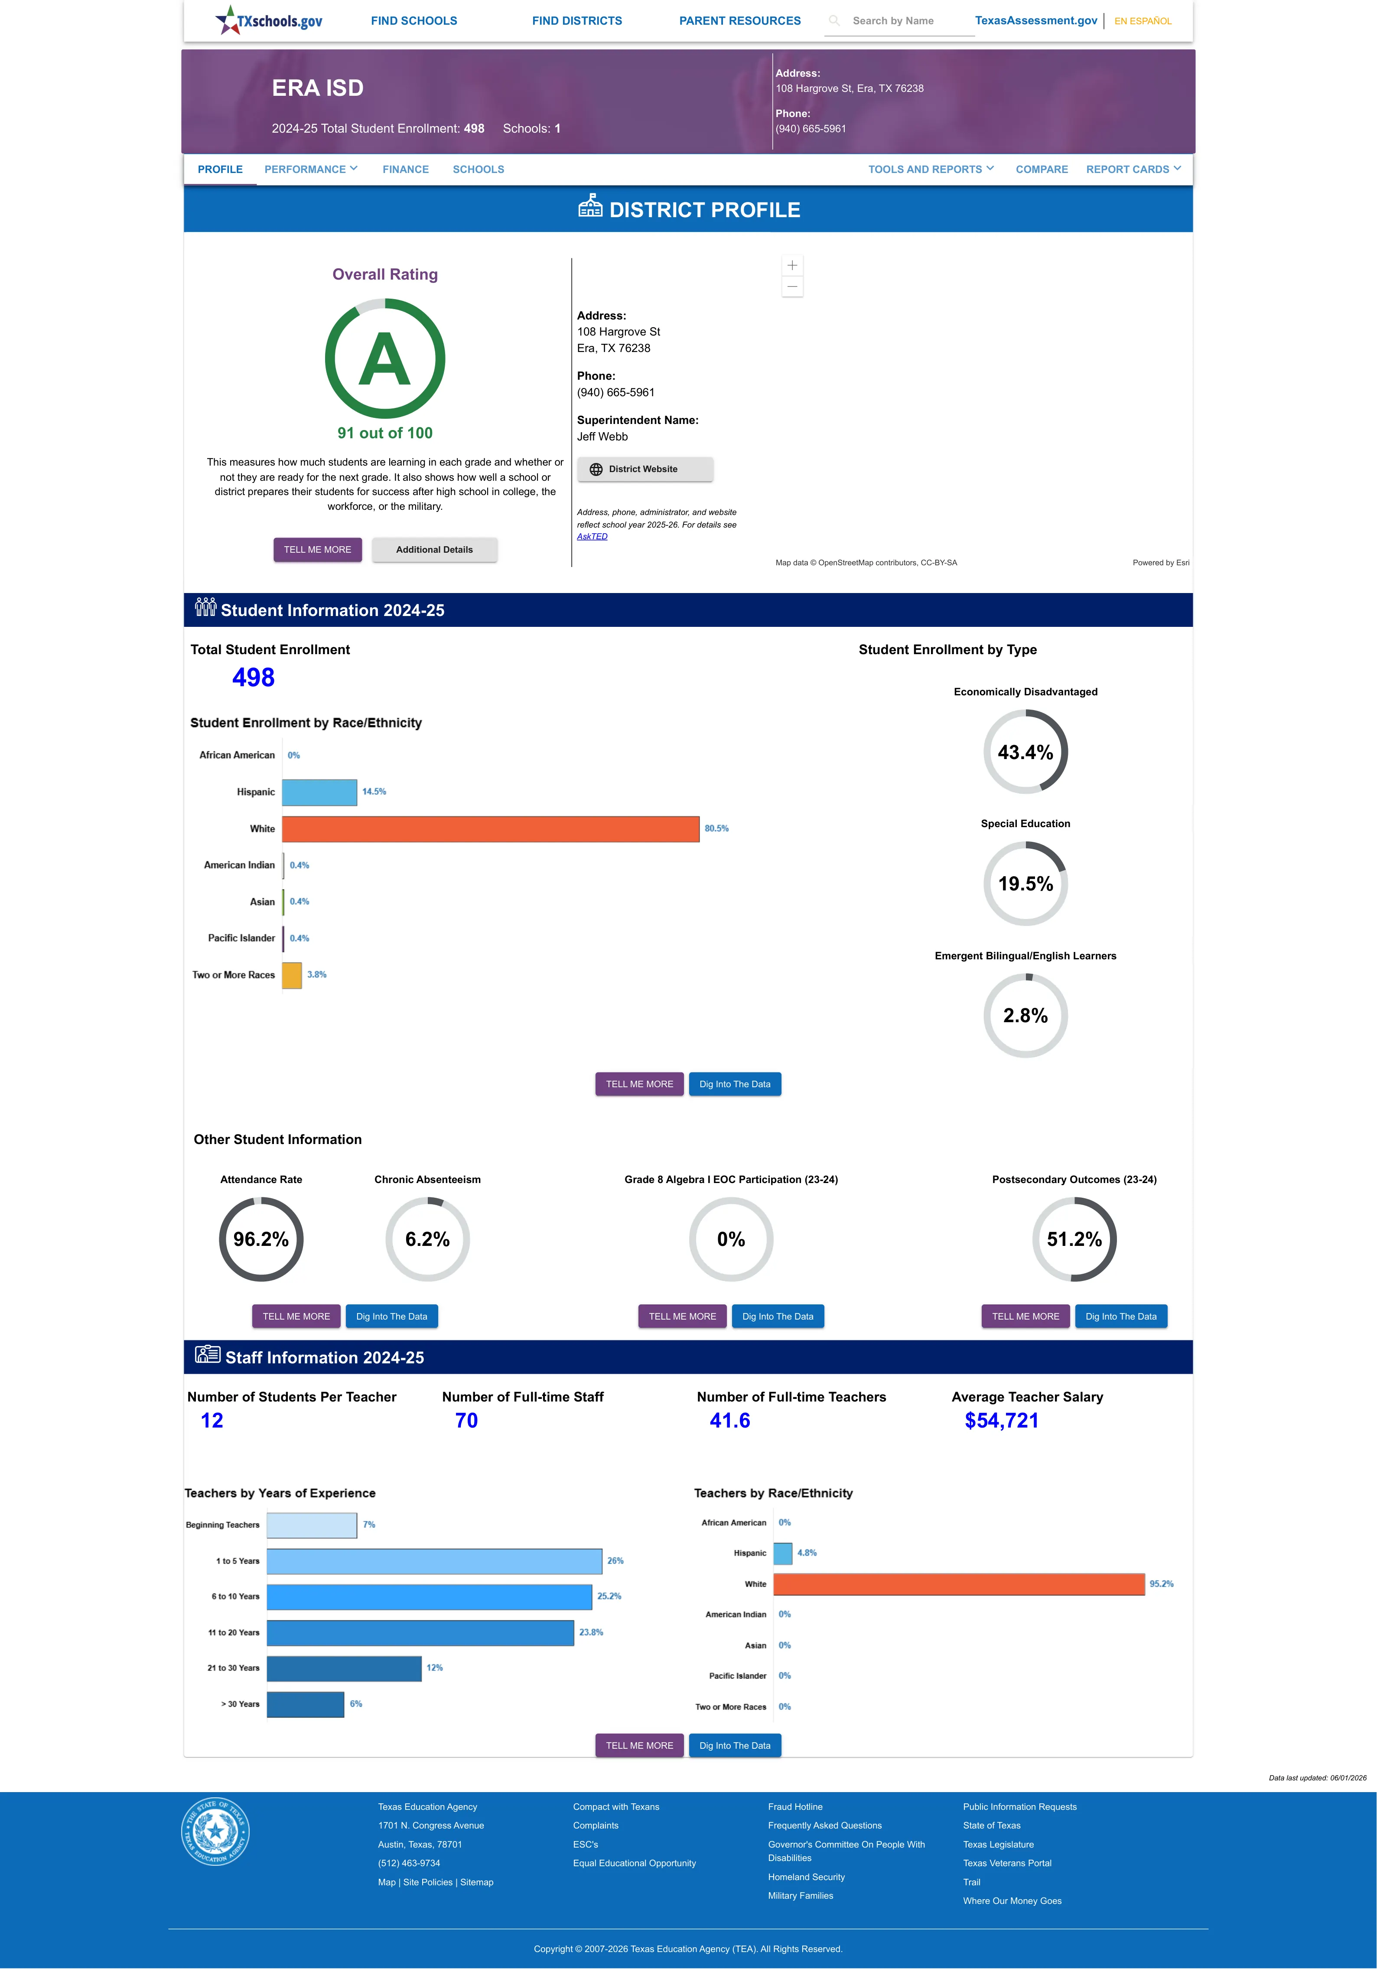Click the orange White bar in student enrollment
pos(490,828)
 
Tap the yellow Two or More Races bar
pos(292,975)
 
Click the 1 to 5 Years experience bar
pos(434,1561)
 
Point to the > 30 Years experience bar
pos(306,1704)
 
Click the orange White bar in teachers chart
pos(959,1584)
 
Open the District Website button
pos(645,469)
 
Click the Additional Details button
pos(434,550)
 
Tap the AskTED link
pos(592,537)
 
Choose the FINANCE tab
pos(406,169)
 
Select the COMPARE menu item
pos(1042,169)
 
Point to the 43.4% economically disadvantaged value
pos(1025,752)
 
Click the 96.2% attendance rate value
pos(260,1240)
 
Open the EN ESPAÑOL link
pos(1143,21)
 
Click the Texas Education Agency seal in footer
pos(216,1831)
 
